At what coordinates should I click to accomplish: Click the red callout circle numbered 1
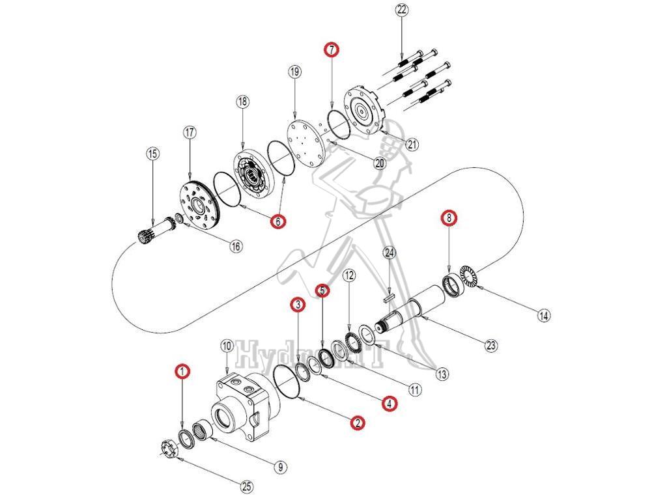(x=183, y=371)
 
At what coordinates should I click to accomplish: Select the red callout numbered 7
(x=332, y=49)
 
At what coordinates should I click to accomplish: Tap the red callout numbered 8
(x=448, y=217)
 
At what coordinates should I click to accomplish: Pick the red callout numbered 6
(x=278, y=221)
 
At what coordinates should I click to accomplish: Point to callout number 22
(x=401, y=10)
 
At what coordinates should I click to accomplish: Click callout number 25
(x=246, y=486)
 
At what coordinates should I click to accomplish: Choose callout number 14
(x=544, y=316)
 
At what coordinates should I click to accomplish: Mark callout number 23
(x=492, y=346)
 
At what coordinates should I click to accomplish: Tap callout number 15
(x=152, y=154)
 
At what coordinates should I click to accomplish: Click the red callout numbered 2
(x=357, y=423)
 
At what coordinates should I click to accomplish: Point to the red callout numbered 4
(x=389, y=404)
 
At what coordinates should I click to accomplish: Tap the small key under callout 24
(x=390, y=299)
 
